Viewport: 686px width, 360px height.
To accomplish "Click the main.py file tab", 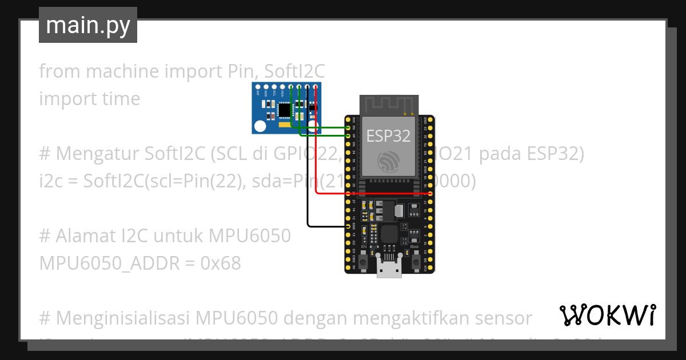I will click(88, 25).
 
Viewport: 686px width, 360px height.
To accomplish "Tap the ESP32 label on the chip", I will click(388, 135).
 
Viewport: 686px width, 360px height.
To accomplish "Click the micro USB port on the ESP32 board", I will click(389, 269).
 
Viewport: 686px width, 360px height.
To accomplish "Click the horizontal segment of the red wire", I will click(372, 194).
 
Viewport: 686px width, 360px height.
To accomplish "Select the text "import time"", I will click(89, 98).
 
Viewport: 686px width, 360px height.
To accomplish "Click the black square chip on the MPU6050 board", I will click(284, 108).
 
